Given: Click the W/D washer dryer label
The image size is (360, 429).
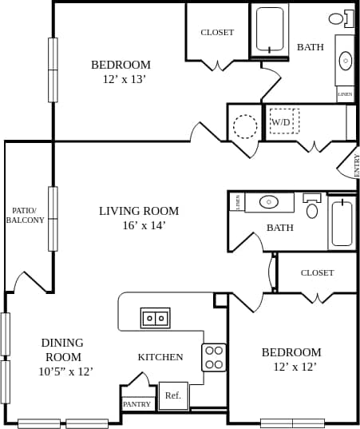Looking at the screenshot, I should tap(282, 122).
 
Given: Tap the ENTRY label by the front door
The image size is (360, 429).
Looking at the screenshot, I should tap(356, 165).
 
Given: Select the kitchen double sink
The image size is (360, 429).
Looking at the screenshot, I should tap(156, 318).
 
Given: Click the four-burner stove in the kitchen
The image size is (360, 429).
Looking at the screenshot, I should tap(213, 357).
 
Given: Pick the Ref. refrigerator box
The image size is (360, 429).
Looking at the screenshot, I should tap(173, 395).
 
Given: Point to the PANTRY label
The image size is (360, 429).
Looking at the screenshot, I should tap(136, 404).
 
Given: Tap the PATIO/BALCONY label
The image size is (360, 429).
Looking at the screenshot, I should tap(26, 216).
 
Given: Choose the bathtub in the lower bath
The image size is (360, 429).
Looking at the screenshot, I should tap(342, 224).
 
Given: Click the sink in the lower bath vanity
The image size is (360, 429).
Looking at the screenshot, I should tap(269, 202).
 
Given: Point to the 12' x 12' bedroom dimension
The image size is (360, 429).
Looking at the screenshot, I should tap(295, 367).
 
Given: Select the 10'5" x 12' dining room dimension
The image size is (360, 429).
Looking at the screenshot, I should tap(65, 371).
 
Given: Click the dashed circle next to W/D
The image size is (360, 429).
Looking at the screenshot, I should tap(245, 126).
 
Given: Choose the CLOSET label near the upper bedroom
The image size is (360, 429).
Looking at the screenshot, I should tap(217, 32).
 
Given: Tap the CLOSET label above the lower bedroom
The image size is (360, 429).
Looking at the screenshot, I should tap(317, 272).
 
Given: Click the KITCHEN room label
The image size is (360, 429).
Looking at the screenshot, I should tap(160, 357).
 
